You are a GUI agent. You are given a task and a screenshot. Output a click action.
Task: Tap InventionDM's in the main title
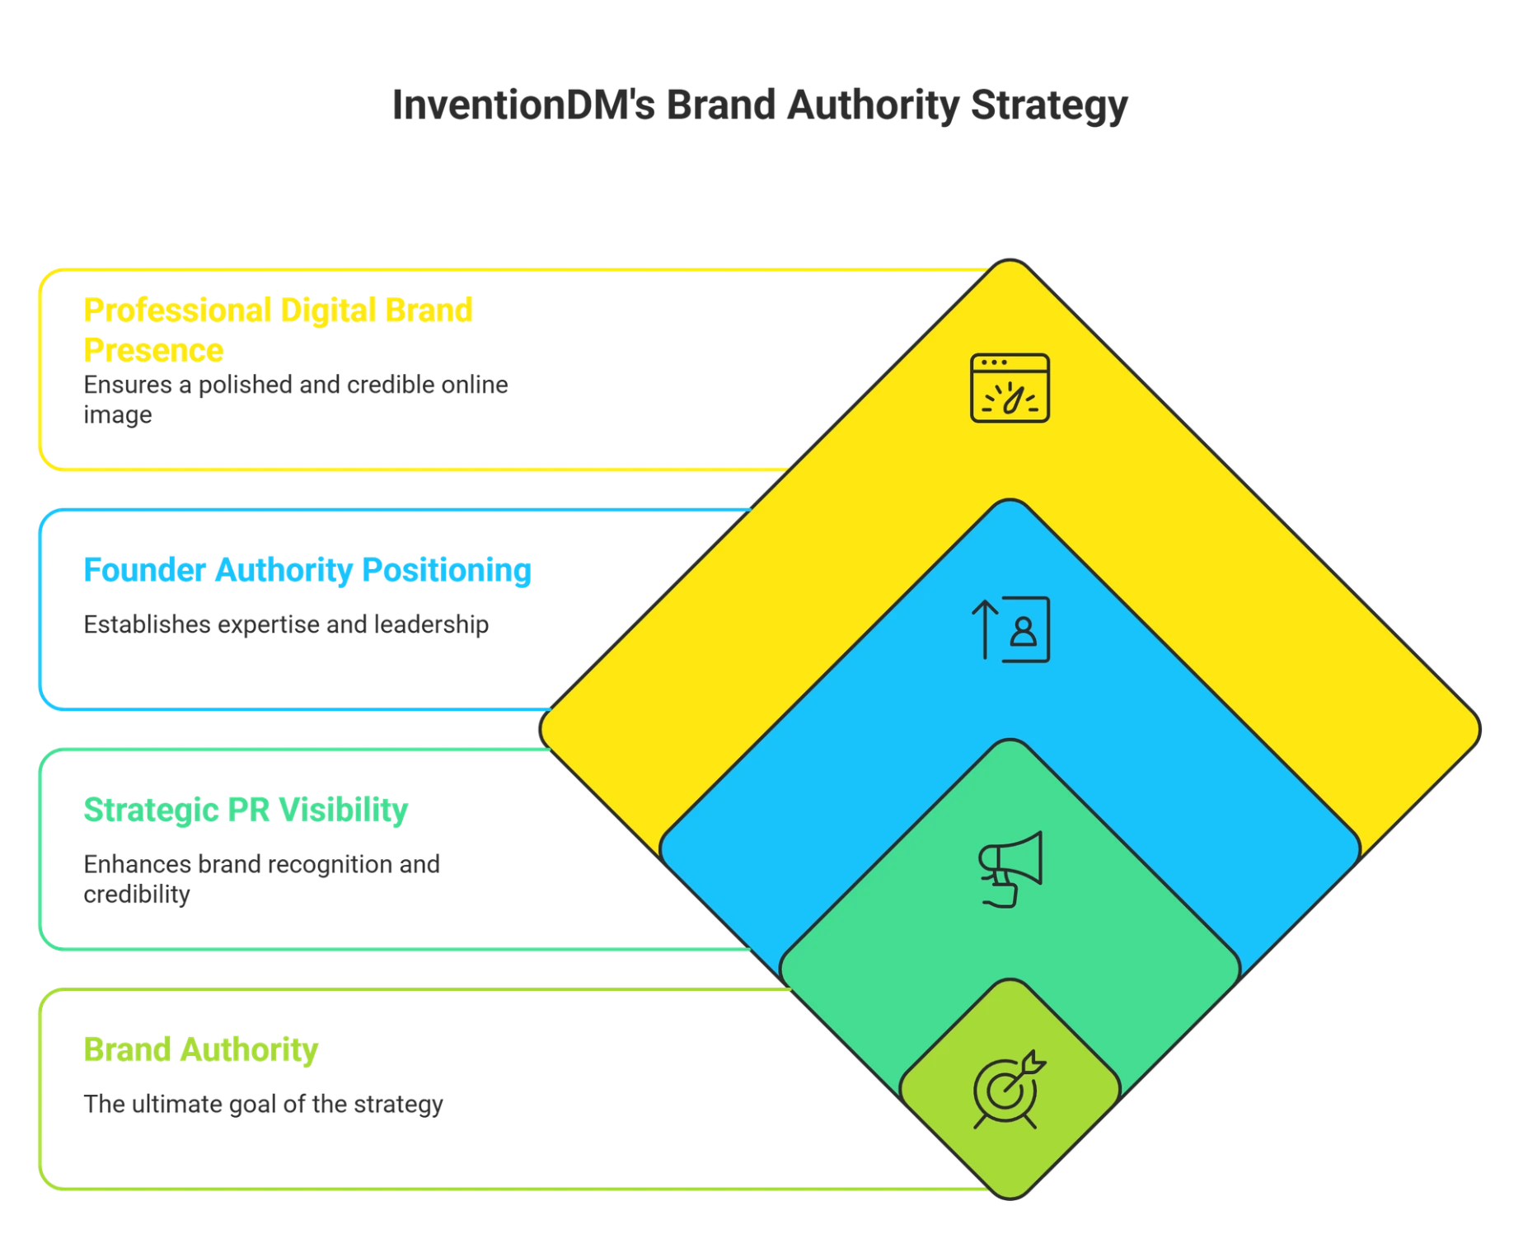(521, 105)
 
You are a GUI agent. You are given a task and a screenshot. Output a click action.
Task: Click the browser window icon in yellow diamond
(1010, 388)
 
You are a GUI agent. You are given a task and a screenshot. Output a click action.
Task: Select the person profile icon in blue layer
(1024, 630)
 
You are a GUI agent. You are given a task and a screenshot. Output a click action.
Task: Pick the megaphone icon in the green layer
(1010, 868)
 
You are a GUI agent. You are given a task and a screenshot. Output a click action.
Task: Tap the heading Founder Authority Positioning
(307, 570)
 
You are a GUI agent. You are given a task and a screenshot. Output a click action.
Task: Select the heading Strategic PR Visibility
(245, 809)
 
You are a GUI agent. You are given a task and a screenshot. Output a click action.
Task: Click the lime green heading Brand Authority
(200, 1049)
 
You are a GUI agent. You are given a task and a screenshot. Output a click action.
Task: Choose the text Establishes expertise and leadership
(286, 624)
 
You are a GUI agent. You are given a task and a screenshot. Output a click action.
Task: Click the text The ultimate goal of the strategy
(263, 1104)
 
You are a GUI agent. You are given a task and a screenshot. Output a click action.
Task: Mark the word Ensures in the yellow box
(127, 384)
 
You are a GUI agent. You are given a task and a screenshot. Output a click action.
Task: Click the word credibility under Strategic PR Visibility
(137, 895)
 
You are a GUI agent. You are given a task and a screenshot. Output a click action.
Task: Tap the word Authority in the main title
(871, 105)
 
